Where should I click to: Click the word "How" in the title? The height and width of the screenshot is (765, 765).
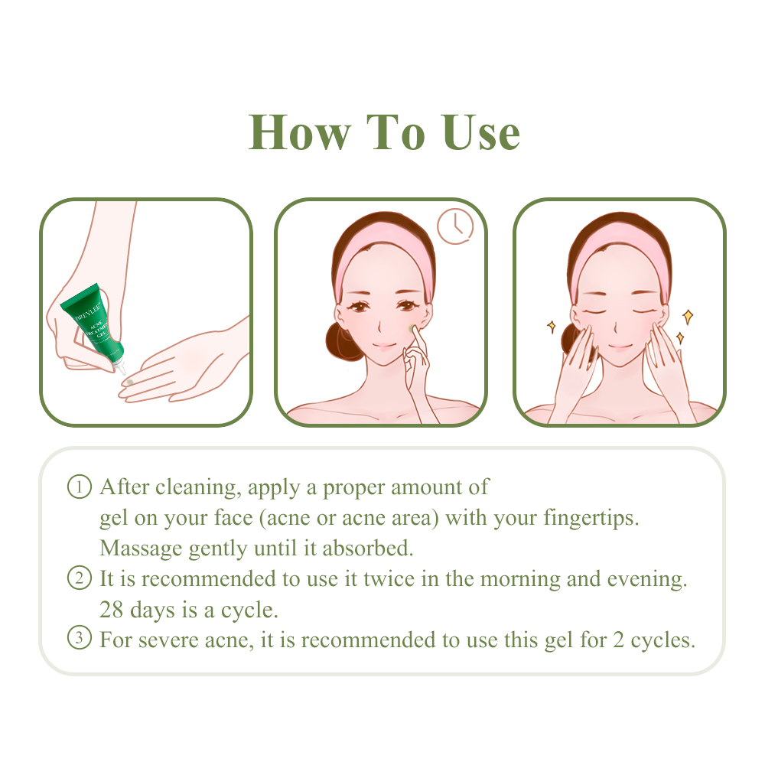tap(298, 132)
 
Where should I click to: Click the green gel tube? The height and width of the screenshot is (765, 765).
tap(93, 321)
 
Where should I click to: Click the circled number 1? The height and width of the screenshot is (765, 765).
tap(79, 487)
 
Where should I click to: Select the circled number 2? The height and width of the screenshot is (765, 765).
tap(79, 578)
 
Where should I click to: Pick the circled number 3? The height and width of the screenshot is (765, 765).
tap(79, 639)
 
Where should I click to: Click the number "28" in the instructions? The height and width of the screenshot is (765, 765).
tap(112, 610)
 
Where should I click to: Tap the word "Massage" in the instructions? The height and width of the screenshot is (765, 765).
tap(141, 549)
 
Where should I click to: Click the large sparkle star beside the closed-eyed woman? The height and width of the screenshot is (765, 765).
tap(687, 315)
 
